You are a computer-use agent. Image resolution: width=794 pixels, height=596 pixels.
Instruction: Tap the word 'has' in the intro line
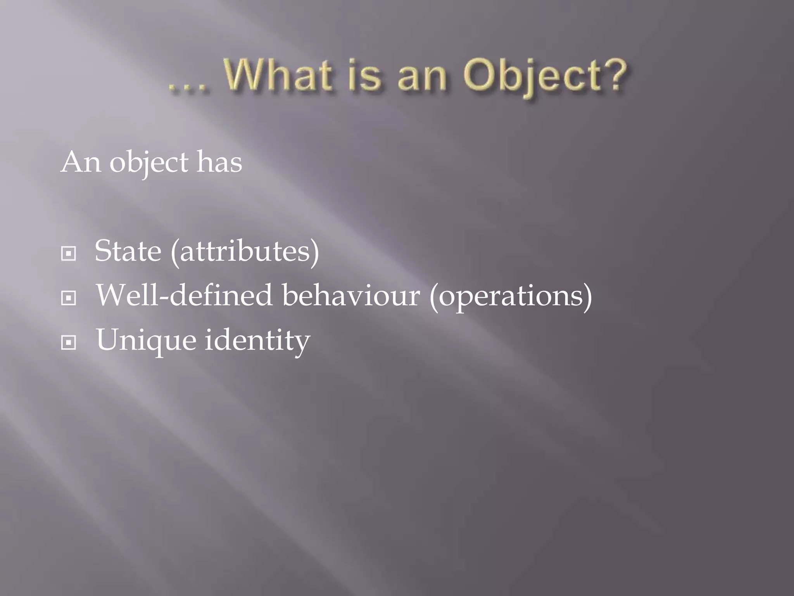[219, 162]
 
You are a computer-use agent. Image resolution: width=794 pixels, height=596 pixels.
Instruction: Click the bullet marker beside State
[69, 254]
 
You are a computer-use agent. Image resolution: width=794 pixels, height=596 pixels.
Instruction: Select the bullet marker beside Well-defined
[69, 298]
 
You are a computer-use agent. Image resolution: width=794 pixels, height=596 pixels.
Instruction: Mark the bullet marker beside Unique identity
[69, 343]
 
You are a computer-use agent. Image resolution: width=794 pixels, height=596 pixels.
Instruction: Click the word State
[128, 251]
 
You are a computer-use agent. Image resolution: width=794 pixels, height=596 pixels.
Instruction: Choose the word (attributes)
[245, 252]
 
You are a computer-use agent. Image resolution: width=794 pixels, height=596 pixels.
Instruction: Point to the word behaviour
[350, 295]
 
